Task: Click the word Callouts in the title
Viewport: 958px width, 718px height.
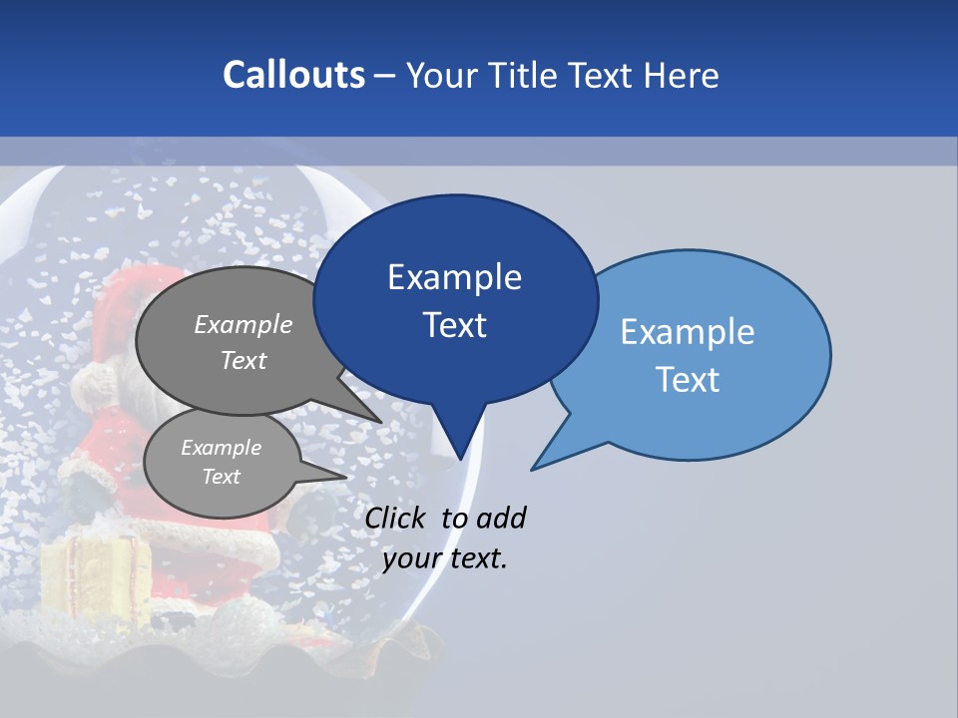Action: pos(293,75)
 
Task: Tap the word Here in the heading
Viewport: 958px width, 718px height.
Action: pos(682,75)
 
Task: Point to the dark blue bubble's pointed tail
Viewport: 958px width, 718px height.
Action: pos(459,444)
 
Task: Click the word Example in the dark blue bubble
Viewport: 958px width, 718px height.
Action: pos(454,276)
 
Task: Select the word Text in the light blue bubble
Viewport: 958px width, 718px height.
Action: pos(688,380)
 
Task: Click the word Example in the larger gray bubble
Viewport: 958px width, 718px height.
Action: pos(243,324)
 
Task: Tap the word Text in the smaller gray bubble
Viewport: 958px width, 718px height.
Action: pos(221,477)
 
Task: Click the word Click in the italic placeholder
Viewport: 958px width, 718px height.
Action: pos(397,518)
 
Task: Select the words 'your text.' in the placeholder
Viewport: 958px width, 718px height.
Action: pos(445,558)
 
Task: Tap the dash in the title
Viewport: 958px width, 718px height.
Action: pos(386,75)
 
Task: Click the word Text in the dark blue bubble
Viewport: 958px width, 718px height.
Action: pos(455,325)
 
